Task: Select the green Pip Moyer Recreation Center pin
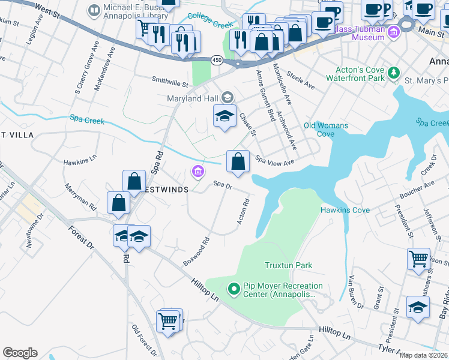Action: point(234,290)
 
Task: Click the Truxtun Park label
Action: point(289,265)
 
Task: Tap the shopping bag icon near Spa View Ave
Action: point(238,161)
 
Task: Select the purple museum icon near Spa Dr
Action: point(197,172)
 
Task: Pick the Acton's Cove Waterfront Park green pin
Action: point(393,73)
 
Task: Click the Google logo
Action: point(20,353)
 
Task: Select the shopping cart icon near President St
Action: point(418,259)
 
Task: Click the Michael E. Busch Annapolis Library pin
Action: point(94,10)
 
